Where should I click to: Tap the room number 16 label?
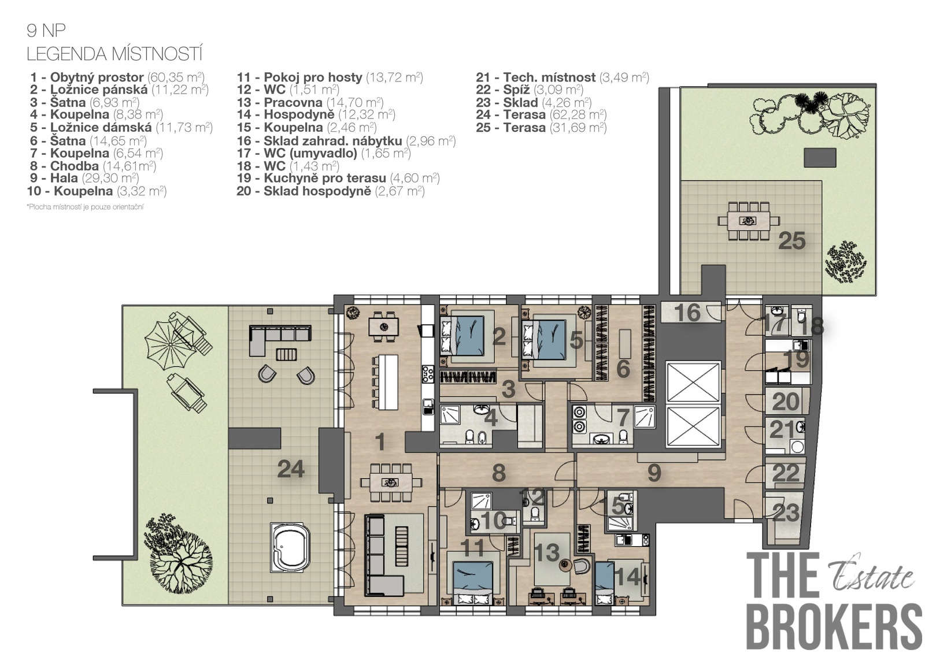pyautogui.click(x=687, y=313)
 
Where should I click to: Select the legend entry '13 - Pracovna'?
pyautogui.click(x=310, y=102)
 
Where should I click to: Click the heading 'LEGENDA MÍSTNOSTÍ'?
pyautogui.click(x=114, y=54)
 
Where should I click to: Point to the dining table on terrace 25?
pyautogui.click(x=748, y=221)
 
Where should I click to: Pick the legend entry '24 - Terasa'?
pyautogui.click(x=541, y=114)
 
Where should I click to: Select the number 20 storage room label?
pyautogui.click(x=786, y=402)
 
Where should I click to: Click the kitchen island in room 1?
pyautogui.click(x=388, y=382)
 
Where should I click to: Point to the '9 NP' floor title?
pyautogui.click(x=46, y=31)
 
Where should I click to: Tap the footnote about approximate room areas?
pyautogui.click(x=85, y=207)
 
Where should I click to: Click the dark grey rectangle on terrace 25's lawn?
pyautogui.click(x=820, y=158)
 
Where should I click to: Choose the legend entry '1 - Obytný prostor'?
pyautogui.click(x=117, y=77)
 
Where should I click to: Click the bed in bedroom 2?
pyautogui.click(x=467, y=335)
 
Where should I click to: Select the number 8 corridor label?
pyautogui.click(x=499, y=473)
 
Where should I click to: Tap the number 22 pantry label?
pyautogui.click(x=786, y=473)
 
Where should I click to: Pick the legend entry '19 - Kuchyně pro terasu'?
pyautogui.click(x=338, y=178)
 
